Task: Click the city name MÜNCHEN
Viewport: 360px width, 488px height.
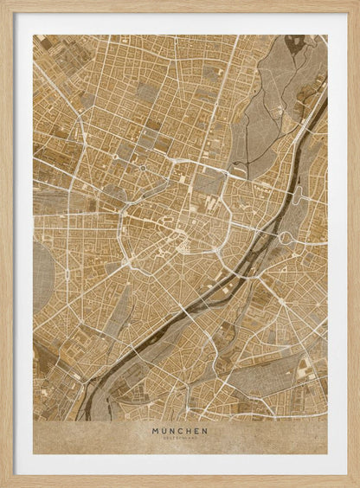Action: pyautogui.click(x=180, y=430)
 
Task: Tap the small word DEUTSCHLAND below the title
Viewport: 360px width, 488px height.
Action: pyautogui.click(x=180, y=438)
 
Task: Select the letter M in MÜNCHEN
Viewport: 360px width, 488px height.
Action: pyautogui.click(x=156, y=430)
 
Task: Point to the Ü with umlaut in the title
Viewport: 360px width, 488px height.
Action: pyautogui.click(x=164, y=430)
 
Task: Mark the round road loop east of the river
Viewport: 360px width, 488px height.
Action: pyautogui.click(x=285, y=236)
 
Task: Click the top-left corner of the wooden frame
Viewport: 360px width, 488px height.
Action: pyautogui.click(x=3, y=3)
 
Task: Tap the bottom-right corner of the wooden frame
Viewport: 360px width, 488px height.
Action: pyautogui.click(x=357, y=485)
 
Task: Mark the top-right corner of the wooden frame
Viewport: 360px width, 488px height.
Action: pyautogui.click(x=357, y=3)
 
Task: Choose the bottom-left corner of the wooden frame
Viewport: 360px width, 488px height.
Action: pyautogui.click(x=3, y=485)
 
